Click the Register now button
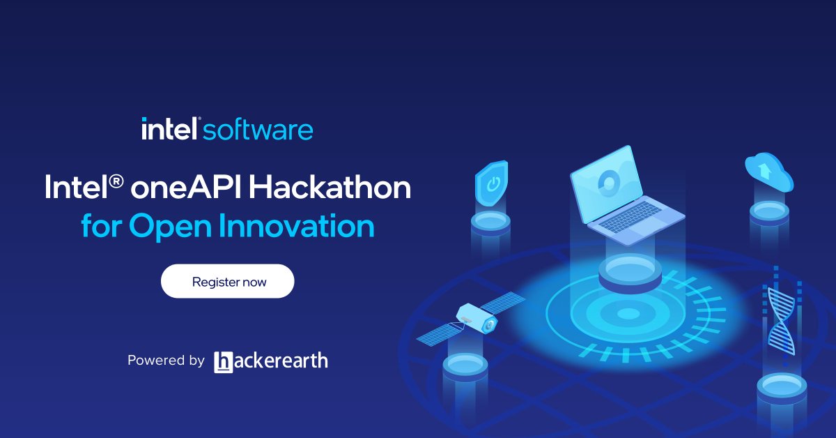coord(228,282)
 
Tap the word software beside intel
coord(258,130)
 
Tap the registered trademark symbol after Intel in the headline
coord(116,183)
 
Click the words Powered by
coord(165,361)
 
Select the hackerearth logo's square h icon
coord(223,361)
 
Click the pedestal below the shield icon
coord(490,222)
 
